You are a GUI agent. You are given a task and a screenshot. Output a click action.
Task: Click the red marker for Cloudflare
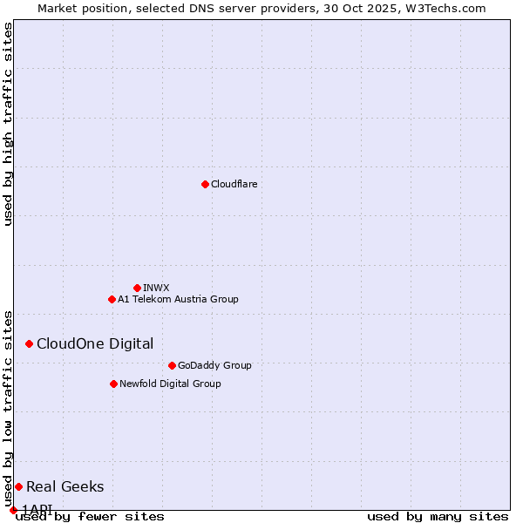point(205,184)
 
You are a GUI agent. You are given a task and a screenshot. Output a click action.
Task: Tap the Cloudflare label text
point(234,184)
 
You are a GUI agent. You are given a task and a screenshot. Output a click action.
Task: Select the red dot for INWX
point(137,288)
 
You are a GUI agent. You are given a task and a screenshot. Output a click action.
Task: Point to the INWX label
point(156,288)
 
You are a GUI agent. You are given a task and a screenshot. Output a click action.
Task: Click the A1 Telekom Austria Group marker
point(112,299)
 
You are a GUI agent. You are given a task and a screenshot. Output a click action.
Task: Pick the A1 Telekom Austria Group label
point(178,299)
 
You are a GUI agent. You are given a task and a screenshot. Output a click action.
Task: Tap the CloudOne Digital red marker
point(29,343)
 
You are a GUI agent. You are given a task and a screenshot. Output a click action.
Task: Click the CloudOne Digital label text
point(95,343)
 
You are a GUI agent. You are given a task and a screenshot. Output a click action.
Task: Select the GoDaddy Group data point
point(172,365)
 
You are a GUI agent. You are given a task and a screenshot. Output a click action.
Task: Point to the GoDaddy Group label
point(214,365)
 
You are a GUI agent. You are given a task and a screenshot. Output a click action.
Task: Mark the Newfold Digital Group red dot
point(113,384)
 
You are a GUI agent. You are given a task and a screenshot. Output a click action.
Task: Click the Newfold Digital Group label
point(170,384)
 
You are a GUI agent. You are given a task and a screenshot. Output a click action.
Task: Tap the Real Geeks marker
point(18,486)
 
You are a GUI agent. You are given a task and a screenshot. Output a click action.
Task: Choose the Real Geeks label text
point(65,486)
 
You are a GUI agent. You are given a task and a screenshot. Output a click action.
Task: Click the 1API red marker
point(13,510)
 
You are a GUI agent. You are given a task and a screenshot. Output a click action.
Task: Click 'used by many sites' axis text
point(438,517)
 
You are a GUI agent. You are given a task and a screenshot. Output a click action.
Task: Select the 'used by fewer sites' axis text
point(90,517)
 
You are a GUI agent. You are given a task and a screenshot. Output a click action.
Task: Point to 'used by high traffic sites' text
point(8,124)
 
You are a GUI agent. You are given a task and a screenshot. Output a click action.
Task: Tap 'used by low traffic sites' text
point(8,408)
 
